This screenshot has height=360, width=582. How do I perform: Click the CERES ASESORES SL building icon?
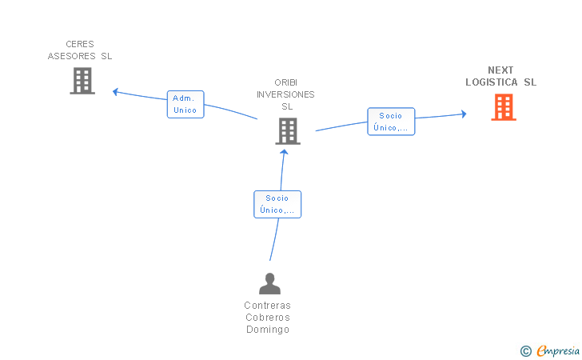pyautogui.click(x=82, y=81)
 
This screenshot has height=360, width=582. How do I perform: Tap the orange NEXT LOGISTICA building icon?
pyautogui.click(x=504, y=107)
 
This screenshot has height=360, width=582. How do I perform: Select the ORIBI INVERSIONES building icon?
pyautogui.click(x=288, y=131)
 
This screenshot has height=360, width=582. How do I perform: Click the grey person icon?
pyautogui.click(x=270, y=283)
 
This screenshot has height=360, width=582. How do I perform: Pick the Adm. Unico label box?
pyautogui.click(x=185, y=104)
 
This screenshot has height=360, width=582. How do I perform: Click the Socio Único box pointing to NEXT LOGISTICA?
pyautogui.click(x=391, y=122)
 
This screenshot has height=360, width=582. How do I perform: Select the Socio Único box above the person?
pyautogui.click(x=277, y=204)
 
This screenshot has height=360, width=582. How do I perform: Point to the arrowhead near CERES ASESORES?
pyautogui.click(x=115, y=92)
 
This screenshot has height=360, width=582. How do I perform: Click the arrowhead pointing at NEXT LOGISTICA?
pyautogui.click(x=464, y=114)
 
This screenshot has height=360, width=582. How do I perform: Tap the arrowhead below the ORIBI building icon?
pyautogui.click(x=284, y=151)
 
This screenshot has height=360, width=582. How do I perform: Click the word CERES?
pyautogui.click(x=80, y=44)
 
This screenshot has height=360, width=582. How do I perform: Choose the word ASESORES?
pyautogui.click(x=71, y=56)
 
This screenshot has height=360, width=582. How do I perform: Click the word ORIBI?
pyautogui.click(x=286, y=82)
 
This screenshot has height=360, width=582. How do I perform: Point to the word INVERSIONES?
pyautogui.click(x=285, y=94)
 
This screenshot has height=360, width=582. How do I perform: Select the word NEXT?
pyautogui.click(x=500, y=70)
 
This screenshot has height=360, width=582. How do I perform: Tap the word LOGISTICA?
pyautogui.click(x=492, y=82)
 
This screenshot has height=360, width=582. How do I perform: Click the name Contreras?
pyautogui.click(x=267, y=306)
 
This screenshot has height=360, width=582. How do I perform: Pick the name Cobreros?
pyautogui.click(x=268, y=318)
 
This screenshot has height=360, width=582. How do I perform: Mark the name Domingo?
pyautogui.click(x=268, y=330)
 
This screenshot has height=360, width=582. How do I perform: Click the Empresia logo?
pyautogui.click(x=550, y=350)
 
